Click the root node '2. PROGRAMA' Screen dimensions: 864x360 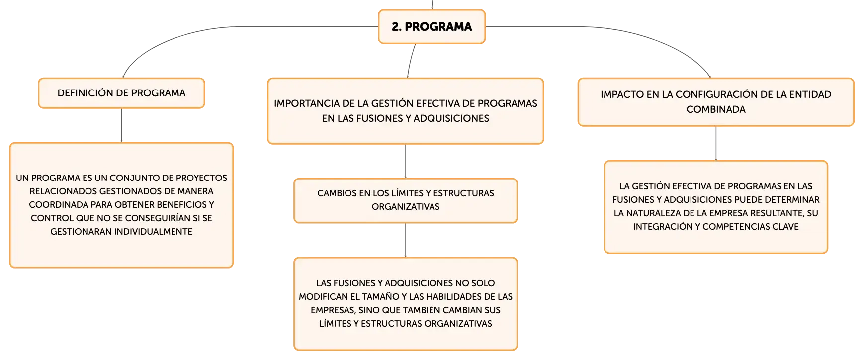[x=432, y=27]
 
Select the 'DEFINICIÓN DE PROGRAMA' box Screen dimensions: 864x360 [x=121, y=93]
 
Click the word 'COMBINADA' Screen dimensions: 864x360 [x=716, y=109]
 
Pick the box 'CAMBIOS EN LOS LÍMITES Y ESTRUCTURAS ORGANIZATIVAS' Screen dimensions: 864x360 [x=406, y=200]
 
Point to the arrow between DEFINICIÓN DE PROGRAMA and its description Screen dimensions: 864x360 [x=121, y=125]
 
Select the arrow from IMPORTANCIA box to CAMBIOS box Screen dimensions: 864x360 [x=406, y=161]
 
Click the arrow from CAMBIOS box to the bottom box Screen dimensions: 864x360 [x=406, y=240]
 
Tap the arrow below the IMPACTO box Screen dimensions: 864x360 [x=716, y=143]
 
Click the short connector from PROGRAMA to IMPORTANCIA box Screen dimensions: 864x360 [x=411, y=60]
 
